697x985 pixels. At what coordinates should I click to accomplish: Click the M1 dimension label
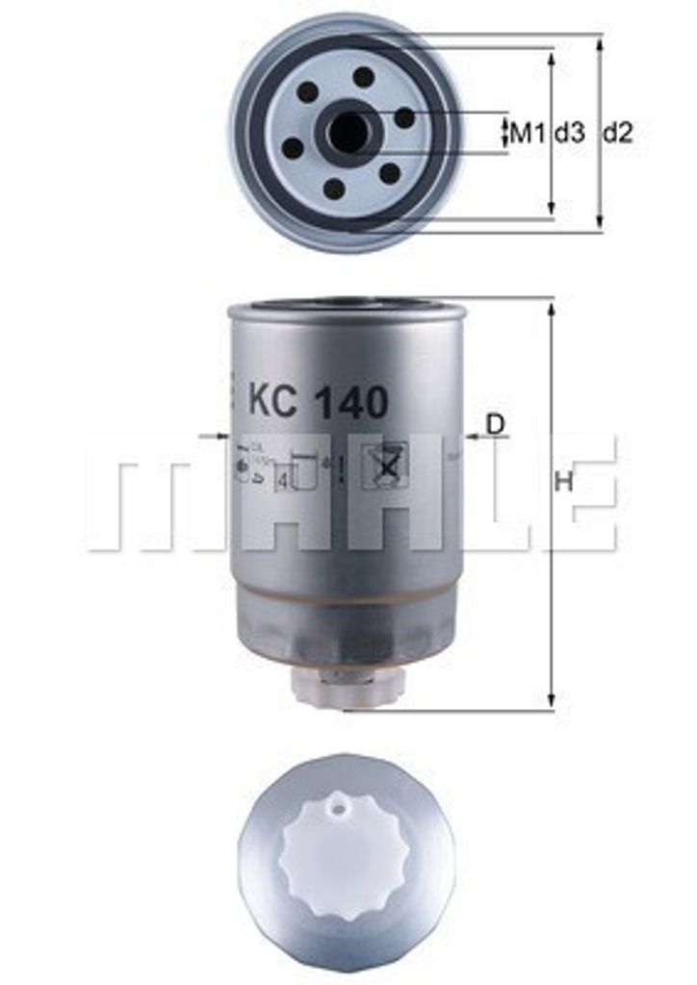pyautogui.click(x=528, y=133)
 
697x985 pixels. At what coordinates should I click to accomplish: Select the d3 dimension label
pyautogui.click(x=569, y=133)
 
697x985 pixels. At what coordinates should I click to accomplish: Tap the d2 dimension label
pyautogui.click(x=618, y=133)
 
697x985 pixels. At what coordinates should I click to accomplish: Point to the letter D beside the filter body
pyautogui.click(x=495, y=422)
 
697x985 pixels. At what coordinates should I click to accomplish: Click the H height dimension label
pyautogui.click(x=564, y=483)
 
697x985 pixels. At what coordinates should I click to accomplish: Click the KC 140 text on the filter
pyautogui.click(x=318, y=401)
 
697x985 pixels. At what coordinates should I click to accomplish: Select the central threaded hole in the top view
pyautogui.click(x=348, y=133)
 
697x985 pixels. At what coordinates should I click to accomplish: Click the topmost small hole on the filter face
pyautogui.click(x=363, y=77)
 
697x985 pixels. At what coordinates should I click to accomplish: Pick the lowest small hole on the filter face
pyautogui.click(x=334, y=189)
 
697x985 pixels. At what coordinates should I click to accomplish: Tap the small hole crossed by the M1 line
pyautogui.click(x=405, y=117)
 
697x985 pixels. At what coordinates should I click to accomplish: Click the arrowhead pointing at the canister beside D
pyautogui.click(x=471, y=437)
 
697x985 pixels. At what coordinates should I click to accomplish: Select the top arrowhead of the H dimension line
pyautogui.click(x=552, y=307)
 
